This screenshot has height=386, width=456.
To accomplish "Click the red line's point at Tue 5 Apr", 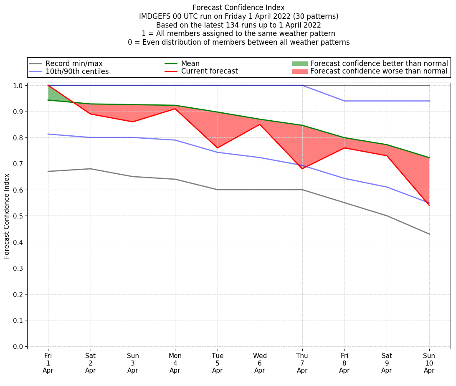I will coord(217,148).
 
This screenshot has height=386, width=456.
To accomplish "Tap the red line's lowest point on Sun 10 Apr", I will coord(429,205).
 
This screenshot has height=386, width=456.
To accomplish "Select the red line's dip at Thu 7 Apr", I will coord(302,169).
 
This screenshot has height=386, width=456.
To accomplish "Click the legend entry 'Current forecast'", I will coord(209,71).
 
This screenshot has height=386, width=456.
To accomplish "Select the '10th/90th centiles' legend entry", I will coord(77,71).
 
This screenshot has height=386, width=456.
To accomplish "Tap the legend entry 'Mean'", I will coord(190,63).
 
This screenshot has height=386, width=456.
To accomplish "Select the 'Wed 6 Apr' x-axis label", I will coord(260,363).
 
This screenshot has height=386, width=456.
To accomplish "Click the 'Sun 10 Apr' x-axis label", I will coord(429,363).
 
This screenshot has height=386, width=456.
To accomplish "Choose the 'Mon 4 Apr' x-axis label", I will coord(175,363).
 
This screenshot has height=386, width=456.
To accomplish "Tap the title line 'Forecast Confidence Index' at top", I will coord(238,8).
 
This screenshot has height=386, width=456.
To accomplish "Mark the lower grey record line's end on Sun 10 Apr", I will coord(429,234).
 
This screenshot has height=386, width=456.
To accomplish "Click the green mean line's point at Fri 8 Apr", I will coord(344,137).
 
